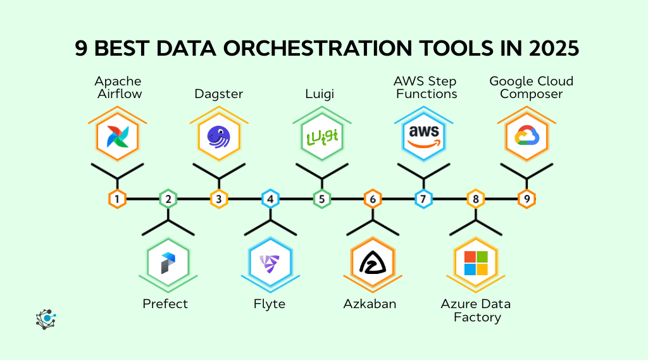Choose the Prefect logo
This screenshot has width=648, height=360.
(x=168, y=263)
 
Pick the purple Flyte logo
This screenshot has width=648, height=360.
(x=270, y=263)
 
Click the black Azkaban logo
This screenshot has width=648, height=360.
(x=373, y=263)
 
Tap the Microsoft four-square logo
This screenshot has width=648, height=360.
(x=475, y=263)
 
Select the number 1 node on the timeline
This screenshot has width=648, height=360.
(x=117, y=199)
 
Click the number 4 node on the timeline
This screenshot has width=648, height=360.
(x=270, y=199)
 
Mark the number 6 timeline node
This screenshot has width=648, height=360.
(x=373, y=199)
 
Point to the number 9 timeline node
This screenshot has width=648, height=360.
(x=526, y=199)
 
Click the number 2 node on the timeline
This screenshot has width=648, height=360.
(x=168, y=199)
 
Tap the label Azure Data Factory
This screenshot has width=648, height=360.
(x=476, y=310)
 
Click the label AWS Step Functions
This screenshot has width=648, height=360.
(x=425, y=87)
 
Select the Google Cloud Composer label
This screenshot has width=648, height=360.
(x=532, y=87)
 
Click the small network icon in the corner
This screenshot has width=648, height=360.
(x=46, y=320)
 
